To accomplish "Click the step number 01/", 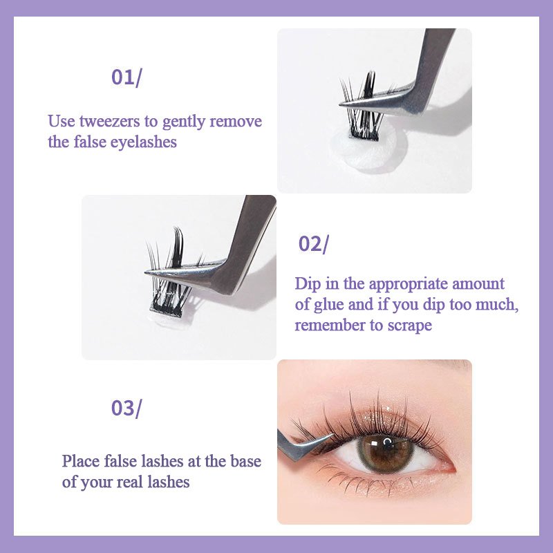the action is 126,77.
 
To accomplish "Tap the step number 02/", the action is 313,244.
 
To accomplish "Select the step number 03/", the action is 126,409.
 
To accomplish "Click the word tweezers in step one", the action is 110,122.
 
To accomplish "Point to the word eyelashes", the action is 144,142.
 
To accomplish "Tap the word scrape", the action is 409,326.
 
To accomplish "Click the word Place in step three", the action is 81,461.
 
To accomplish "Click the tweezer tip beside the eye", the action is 332,435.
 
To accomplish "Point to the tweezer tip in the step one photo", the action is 341,104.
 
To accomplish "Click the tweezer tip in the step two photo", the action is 146,272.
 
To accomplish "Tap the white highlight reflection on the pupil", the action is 387,442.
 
